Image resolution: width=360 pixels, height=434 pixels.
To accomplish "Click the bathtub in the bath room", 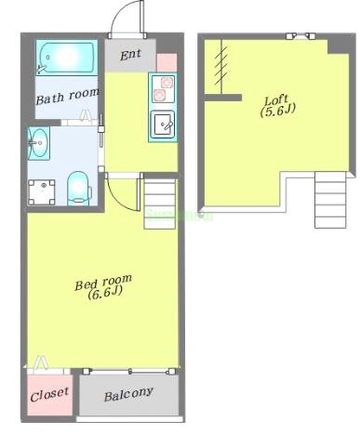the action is [x=67, y=58].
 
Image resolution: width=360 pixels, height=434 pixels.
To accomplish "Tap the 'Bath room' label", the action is [x=67, y=97].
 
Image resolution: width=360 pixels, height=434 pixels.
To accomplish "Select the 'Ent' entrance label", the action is [x=130, y=55].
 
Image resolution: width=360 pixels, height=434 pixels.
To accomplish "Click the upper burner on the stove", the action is [x=167, y=83].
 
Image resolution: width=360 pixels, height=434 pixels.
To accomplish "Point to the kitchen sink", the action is [x=163, y=125].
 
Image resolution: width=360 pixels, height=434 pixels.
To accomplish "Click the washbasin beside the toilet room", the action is [x=39, y=143].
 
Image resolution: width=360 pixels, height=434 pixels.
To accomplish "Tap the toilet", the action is [x=79, y=189].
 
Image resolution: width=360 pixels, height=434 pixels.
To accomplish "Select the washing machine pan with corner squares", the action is [x=42, y=192].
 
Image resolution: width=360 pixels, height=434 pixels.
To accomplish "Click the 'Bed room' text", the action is [x=103, y=282].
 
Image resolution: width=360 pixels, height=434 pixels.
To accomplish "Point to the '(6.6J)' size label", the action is [x=105, y=293].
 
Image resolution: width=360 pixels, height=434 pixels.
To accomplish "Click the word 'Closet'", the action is [x=49, y=394].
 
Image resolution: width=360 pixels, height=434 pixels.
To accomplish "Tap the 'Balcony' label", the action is [x=128, y=394].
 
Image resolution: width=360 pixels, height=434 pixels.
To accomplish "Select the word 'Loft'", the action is [x=276, y=99].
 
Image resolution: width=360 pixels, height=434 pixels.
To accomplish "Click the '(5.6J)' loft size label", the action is [x=277, y=111].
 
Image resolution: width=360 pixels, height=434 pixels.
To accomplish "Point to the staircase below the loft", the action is [x=330, y=200].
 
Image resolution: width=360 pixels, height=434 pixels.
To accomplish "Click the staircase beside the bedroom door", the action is [x=160, y=204].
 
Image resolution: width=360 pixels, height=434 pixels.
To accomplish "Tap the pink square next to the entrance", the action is [x=167, y=62].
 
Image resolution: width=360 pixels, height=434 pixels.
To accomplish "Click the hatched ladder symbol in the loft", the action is [x=221, y=66].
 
